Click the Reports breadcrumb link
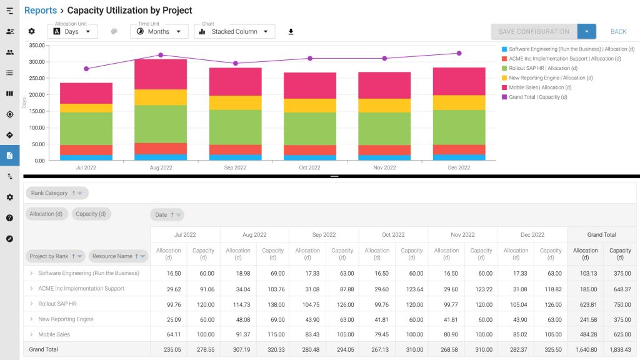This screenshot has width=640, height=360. click(41, 10)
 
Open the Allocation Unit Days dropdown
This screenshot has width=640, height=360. click(72, 31)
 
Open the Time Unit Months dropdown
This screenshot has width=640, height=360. click(159, 31)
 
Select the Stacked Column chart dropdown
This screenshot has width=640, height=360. click(234, 31)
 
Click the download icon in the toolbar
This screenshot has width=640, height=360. click(291, 32)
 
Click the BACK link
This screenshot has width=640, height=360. click(618, 31)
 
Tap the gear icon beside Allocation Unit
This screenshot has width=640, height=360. click(31, 31)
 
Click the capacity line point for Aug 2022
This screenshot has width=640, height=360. click(161, 55)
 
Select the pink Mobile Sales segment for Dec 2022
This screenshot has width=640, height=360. click(459, 82)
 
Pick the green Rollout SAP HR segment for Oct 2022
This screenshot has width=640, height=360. click(310, 129)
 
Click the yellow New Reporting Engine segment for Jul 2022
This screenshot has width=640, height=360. click(86, 108)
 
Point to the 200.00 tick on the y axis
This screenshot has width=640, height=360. click(37, 95)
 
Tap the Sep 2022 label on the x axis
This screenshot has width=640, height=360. click(235, 167)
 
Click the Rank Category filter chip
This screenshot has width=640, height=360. click(57, 193)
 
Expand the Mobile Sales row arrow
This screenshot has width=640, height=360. click(31, 334)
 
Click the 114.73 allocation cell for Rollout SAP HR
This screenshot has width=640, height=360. click(242, 304)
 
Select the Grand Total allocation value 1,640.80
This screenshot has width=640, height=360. click(586, 350)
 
